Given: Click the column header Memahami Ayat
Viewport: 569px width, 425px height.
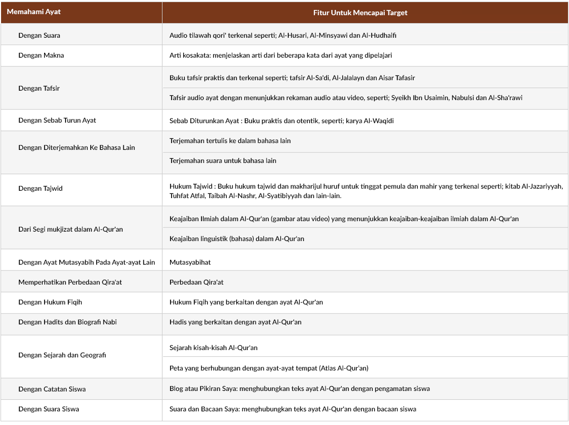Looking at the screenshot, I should (x=30, y=12).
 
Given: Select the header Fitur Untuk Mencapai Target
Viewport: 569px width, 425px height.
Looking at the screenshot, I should (x=360, y=13).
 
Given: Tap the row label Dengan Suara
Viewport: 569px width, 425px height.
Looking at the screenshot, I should (x=39, y=36).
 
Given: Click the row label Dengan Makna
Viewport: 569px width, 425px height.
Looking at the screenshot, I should (x=41, y=55).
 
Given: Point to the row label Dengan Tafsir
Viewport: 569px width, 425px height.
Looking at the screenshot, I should (x=39, y=88).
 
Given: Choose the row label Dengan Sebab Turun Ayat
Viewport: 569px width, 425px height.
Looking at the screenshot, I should (x=57, y=121).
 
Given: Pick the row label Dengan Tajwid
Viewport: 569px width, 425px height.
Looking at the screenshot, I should (x=40, y=188).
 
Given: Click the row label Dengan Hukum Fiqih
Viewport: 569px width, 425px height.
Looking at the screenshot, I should (x=50, y=302).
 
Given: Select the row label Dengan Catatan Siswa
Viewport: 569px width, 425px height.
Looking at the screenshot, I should (x=52, y=389).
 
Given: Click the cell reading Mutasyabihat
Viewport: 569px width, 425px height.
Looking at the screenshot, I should (x=190, y=262).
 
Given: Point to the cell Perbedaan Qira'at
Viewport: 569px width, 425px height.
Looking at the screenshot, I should (x=196, y=282).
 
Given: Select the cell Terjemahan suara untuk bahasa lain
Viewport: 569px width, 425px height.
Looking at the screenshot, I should (x=223, y=161).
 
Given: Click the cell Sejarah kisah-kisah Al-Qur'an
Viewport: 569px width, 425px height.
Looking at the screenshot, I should (x=214, y=348).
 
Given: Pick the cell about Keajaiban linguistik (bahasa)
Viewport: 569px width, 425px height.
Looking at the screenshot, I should (x=237, y=239).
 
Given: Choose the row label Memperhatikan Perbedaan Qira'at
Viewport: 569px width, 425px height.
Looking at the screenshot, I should (x=70, y=282).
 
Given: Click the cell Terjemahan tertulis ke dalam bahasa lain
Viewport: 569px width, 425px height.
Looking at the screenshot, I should (x=230, y=141).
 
